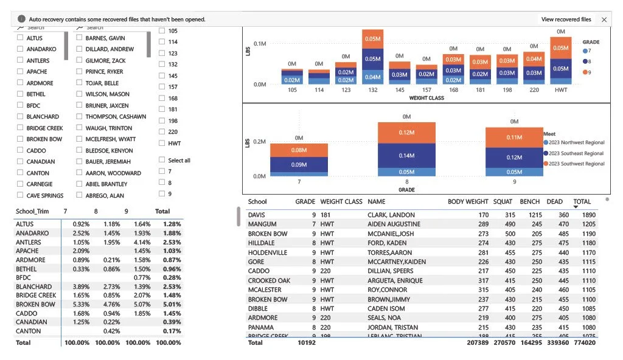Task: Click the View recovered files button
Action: click(566, 19)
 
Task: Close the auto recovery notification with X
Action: click(604, 19)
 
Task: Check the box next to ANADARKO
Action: click(20, 49)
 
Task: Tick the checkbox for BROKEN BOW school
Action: click(20, 139)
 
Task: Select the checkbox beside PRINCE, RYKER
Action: click(79, 72)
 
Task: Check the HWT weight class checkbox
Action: click(161, 144)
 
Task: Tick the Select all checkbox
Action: click(161, 161)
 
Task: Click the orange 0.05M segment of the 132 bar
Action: click(372, 38)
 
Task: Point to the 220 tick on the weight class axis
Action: click(534, 90)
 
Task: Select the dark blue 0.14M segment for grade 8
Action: click(406, 156)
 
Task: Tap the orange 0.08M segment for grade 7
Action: click(299, 150)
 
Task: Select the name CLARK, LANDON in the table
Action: click(391, 215)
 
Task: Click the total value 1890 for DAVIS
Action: click(588, 215)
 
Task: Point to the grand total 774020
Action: click(585, 343)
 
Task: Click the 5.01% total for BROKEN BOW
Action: click(172, 305)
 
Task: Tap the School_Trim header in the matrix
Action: click(32, 212)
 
